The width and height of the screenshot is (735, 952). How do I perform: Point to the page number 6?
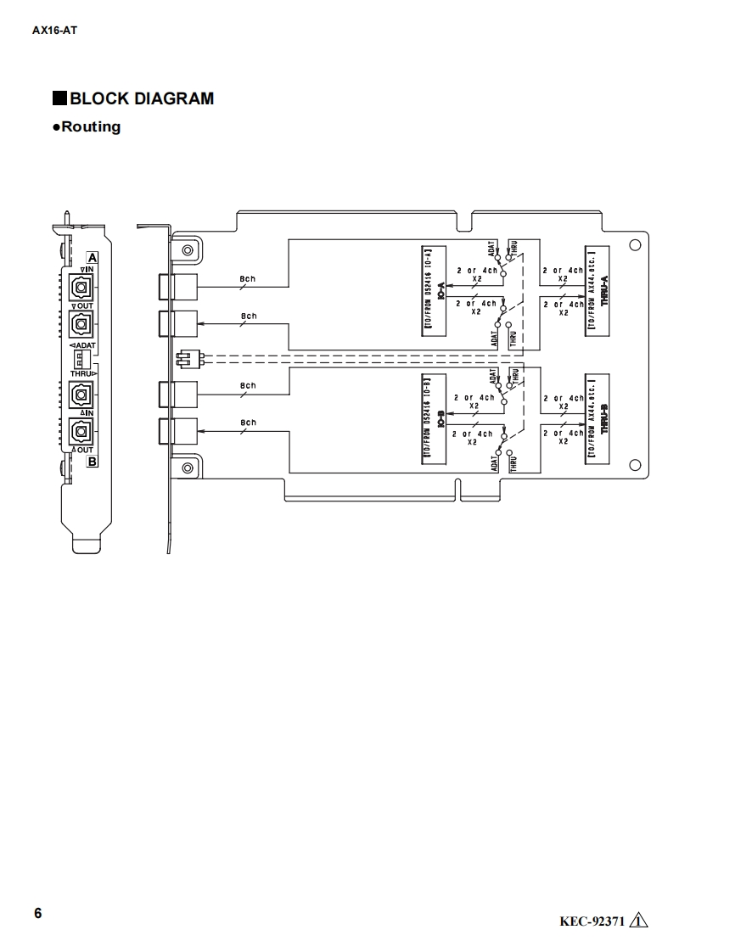point(37,913)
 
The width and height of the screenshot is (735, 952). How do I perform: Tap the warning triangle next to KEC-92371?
point(639,921)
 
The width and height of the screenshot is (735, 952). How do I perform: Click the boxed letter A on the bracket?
point(93,256)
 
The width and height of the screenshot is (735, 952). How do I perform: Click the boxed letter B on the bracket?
point(92,462)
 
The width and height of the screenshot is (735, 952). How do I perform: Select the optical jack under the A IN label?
point(82,287)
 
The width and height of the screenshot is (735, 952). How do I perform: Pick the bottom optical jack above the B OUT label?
point(82,431)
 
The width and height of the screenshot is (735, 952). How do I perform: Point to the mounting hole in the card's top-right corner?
point(634,246)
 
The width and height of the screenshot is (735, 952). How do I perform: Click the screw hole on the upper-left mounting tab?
point(187,250)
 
